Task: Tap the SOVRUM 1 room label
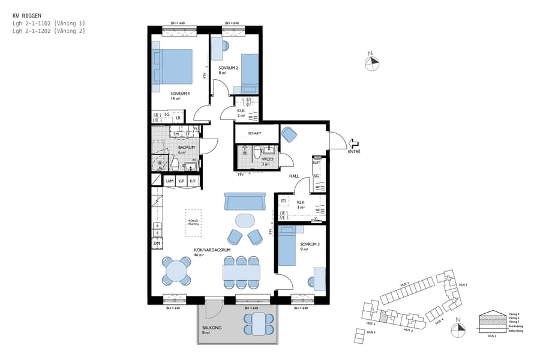(180, 94)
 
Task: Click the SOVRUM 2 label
(229, 68)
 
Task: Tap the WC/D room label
(265, 158)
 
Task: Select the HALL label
(294, 176)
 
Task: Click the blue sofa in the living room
(244, 202)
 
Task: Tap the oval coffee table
(245, 220)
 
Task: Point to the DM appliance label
(157, 243)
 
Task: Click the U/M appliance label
(170, 181)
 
